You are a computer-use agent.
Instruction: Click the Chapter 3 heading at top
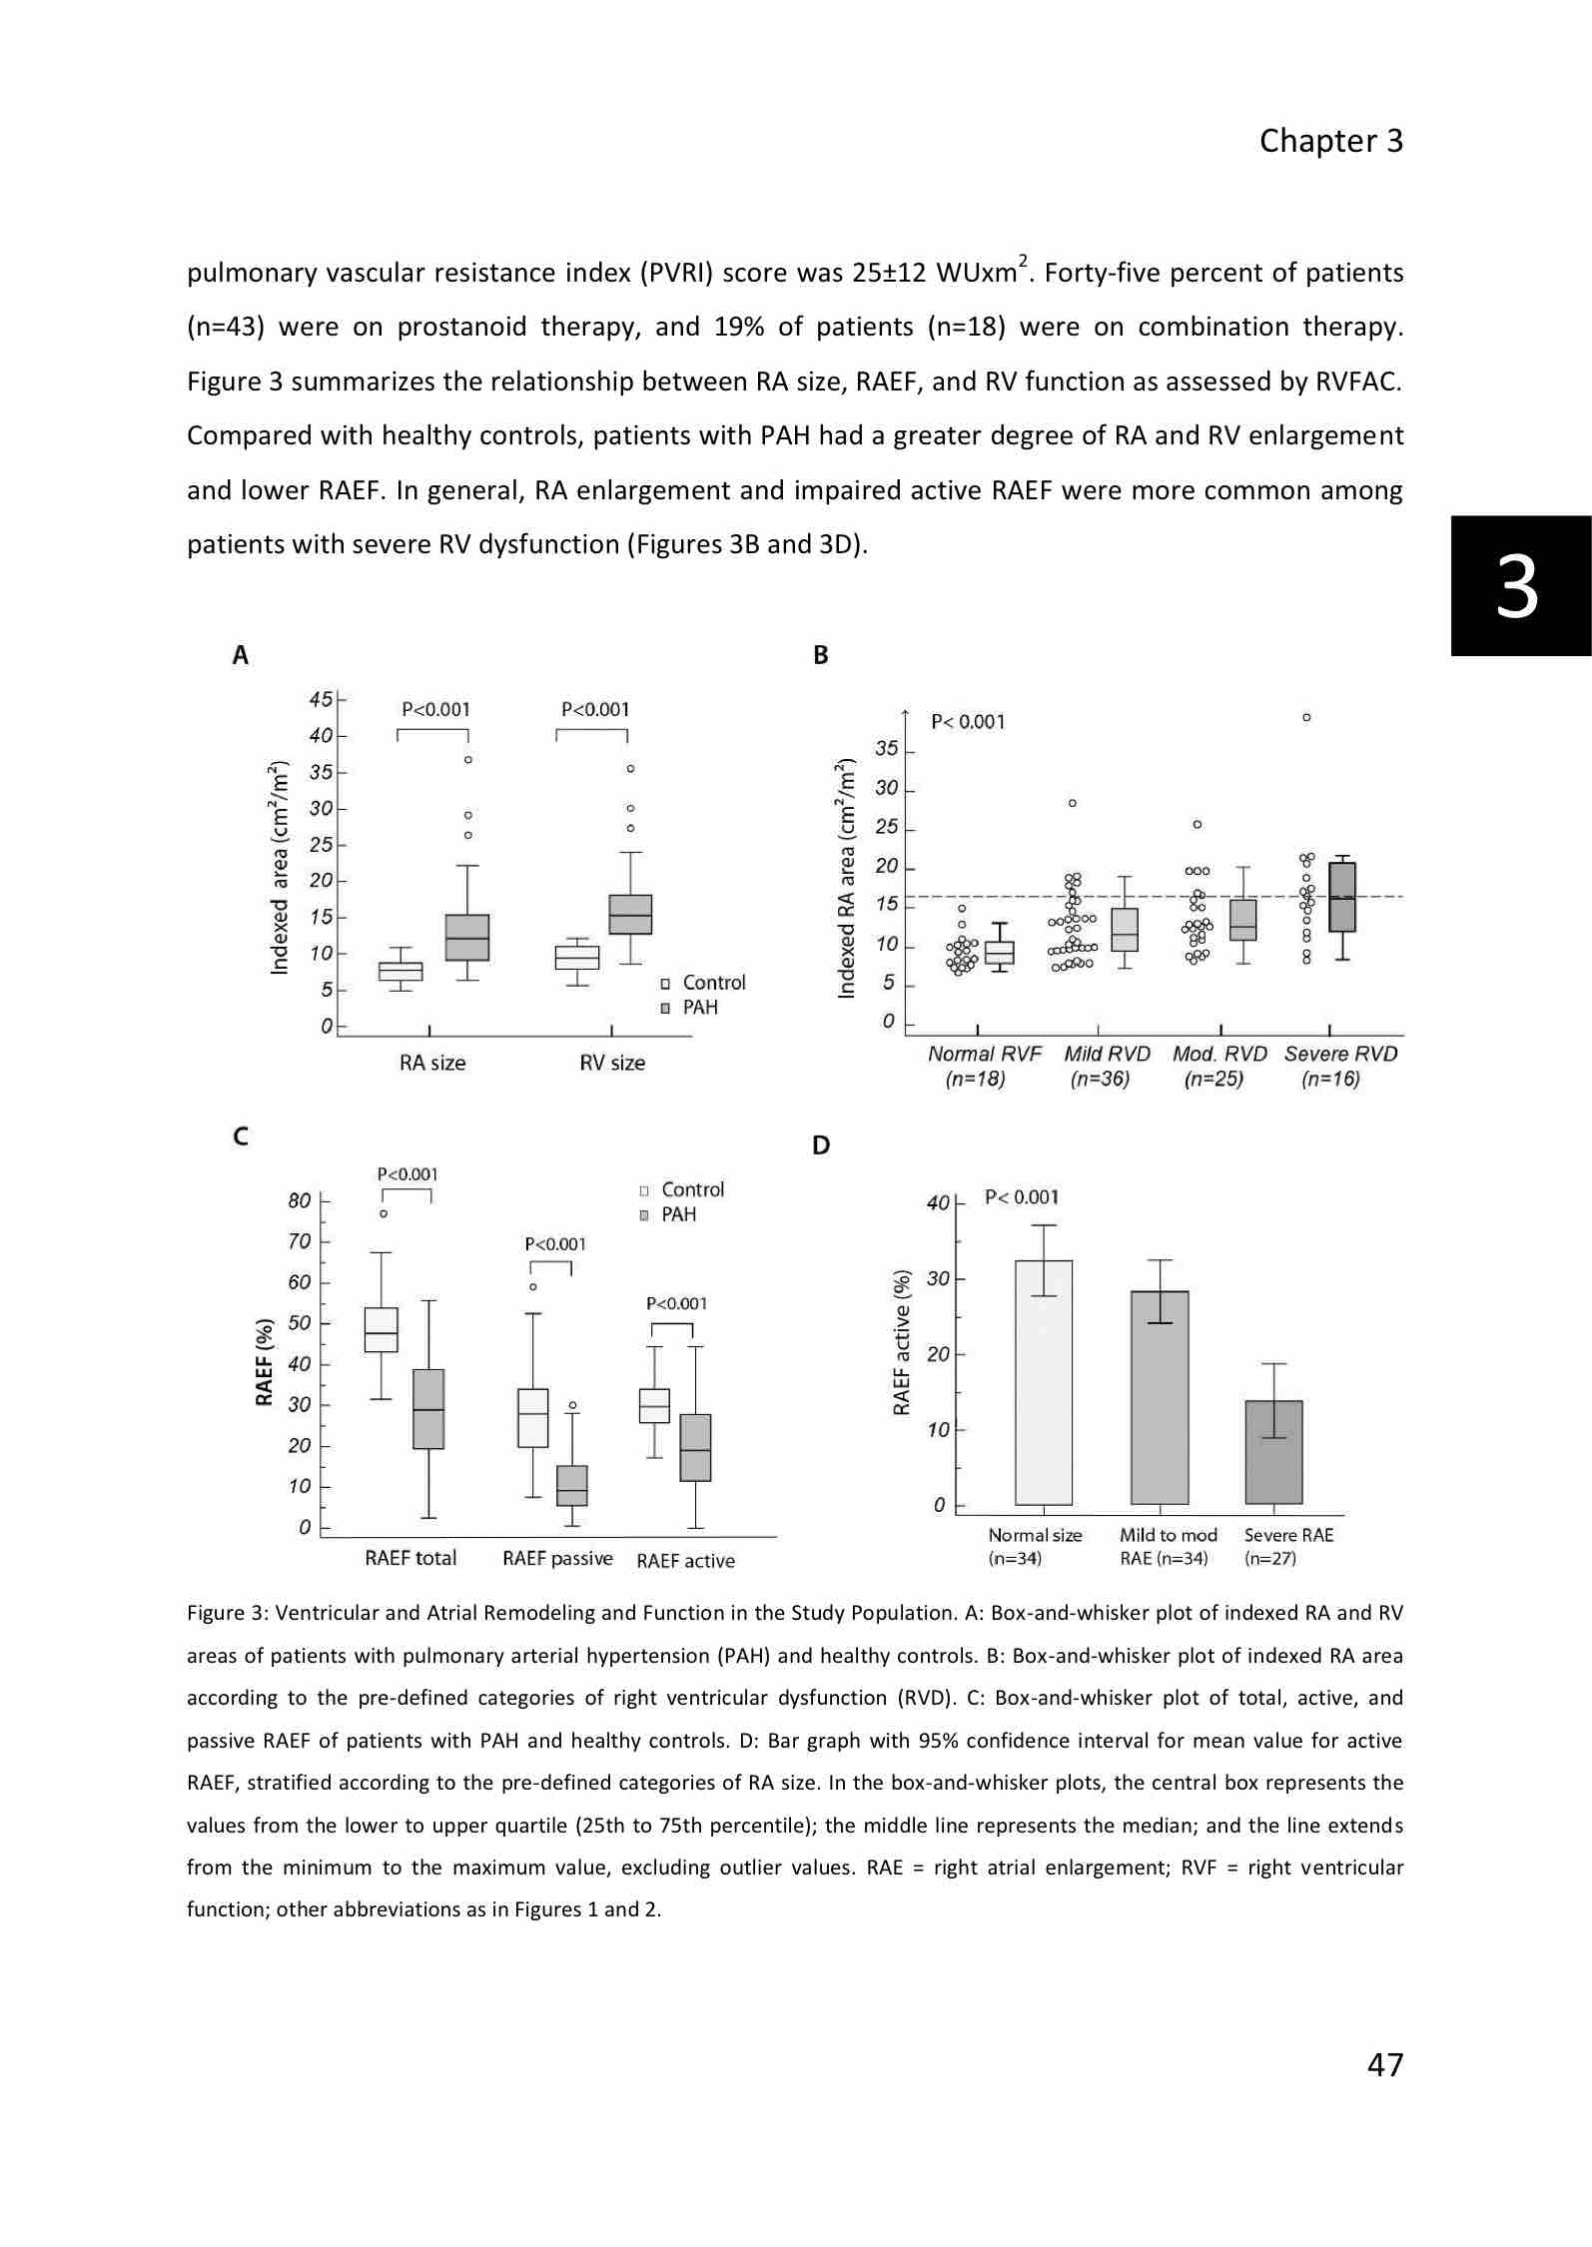[1330, 141]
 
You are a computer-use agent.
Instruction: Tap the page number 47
[1384, 2063]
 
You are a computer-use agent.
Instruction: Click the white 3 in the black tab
[1517, 587]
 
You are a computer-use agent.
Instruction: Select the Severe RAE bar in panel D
[1273, 1452]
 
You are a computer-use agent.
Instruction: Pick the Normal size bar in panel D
[1044, 1382]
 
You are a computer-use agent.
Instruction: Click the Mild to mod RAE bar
[1160, 1397]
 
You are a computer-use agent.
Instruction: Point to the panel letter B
[821, 655]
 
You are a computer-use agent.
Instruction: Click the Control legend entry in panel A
[703, 983]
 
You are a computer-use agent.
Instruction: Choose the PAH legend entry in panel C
[668, 1214]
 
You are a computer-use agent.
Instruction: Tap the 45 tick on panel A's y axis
[321, 699]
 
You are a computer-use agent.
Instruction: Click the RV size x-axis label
[612, 1063]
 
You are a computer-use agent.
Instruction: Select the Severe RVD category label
[1340, 1054]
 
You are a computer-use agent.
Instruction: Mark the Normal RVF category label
[984, 1054]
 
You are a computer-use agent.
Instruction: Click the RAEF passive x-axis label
[557, 1558]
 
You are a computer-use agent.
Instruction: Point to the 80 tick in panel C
[300, 1200]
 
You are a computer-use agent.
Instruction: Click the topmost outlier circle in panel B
[1306, 717]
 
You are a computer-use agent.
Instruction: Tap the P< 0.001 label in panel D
[1022, 1196]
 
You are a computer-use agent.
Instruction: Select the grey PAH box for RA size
[466, 937]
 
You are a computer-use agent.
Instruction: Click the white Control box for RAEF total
[381, 1329]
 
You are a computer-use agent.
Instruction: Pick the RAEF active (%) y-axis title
[902, 1342]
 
